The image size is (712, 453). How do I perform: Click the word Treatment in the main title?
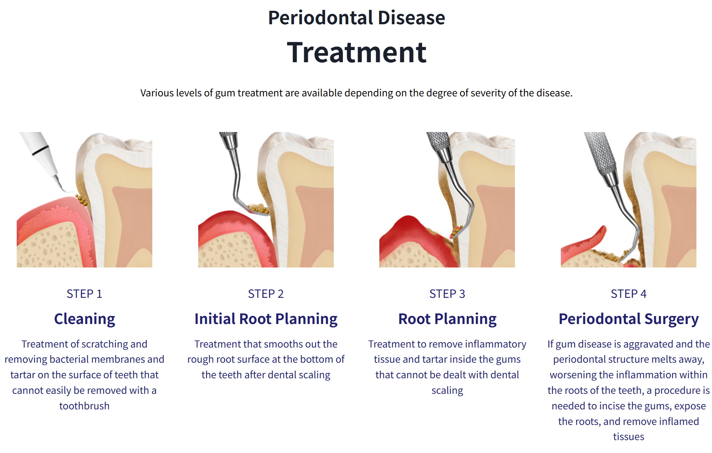[x=356, y=52]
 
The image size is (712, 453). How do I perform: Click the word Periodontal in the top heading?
[x=320, y=18]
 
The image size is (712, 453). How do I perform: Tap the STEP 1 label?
[x=84, y=294]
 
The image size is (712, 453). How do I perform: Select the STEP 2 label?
[x=265, y=294]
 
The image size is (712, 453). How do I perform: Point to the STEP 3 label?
[x=447, y=294]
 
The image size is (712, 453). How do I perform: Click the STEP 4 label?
[x=628, y=294]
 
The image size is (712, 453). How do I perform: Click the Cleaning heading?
[x=84, y=319]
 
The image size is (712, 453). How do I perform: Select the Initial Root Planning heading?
[x=265, y=319]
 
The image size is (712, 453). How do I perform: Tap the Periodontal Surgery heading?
[x=628, y=319]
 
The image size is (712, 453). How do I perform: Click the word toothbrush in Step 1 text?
[x=84, y=406]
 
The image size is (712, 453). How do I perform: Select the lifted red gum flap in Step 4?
[x=592, y=239]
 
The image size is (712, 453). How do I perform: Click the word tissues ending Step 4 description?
[x=628, y=436]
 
